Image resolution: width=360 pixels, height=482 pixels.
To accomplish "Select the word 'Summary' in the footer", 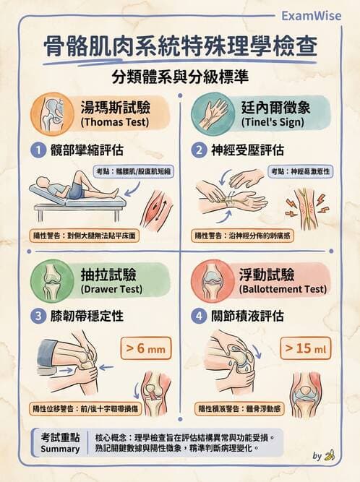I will click(x=60, y=449).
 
